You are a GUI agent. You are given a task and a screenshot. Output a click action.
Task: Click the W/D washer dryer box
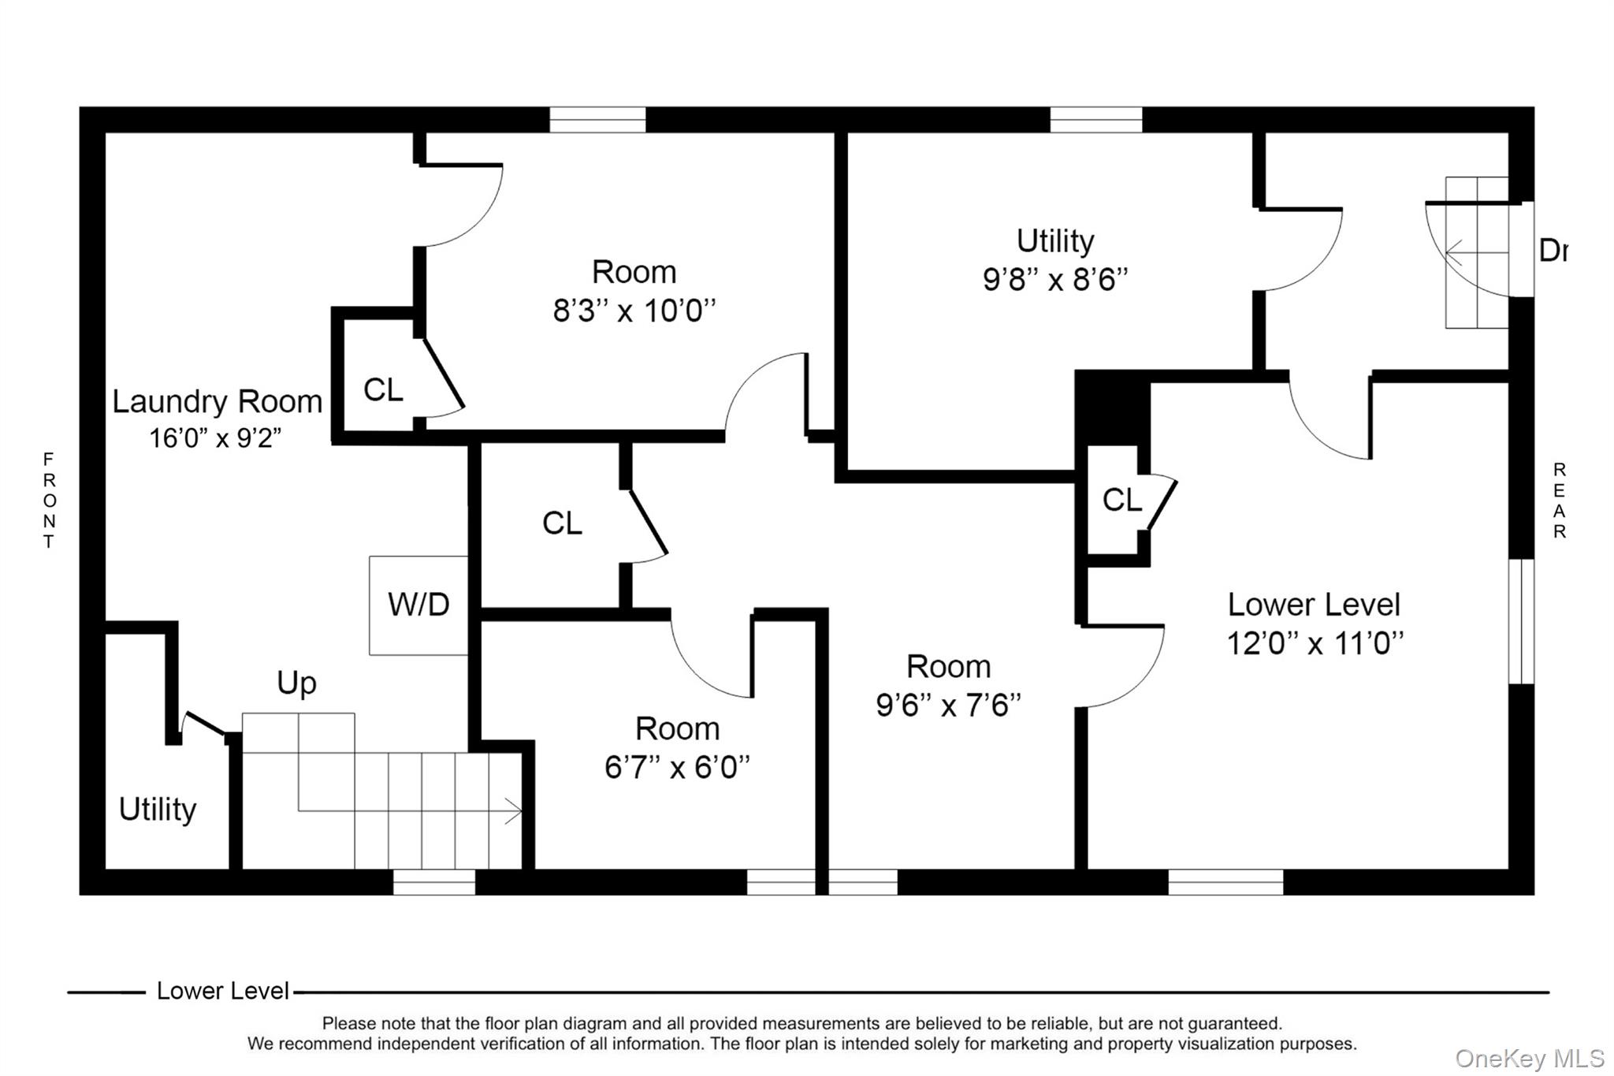(x=418, y=605)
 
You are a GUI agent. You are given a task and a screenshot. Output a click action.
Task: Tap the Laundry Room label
(x=217, y=402)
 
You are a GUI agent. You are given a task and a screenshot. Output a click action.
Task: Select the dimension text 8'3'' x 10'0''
(x=634, y=311)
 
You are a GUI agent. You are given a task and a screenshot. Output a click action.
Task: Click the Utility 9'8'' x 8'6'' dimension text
(x=1054, y=280)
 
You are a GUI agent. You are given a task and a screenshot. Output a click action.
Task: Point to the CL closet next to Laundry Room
(x=383, y=389)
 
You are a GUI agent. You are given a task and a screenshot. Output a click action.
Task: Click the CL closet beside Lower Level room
(x=1121, y=500)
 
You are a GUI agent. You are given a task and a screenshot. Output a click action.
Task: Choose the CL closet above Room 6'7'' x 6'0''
(x=562, y=523)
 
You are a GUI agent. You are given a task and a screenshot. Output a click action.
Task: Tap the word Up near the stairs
(x=296, y=683)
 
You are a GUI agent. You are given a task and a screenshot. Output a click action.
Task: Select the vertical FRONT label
(x=49, y=500)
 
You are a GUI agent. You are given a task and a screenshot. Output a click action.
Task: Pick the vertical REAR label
(x=1559, y=500)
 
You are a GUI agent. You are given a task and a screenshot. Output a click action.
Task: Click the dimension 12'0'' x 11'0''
(x=1315, y=644)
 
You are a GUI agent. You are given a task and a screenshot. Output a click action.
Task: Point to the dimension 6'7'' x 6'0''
(x=677, y=767)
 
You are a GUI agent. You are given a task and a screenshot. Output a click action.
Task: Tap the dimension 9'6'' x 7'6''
(x=948, y=706)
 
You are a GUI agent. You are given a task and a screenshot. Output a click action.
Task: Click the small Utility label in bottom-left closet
(x=158, y=810)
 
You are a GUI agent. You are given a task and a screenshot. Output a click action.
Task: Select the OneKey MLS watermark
(x=1529, y=1058)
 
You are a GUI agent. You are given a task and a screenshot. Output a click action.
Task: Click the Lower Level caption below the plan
(x=223, y=991)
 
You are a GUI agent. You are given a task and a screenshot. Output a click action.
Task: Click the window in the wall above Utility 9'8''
(x=1095, y=120)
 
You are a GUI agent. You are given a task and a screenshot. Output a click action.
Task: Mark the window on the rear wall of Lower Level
(x=1521, y=621)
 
